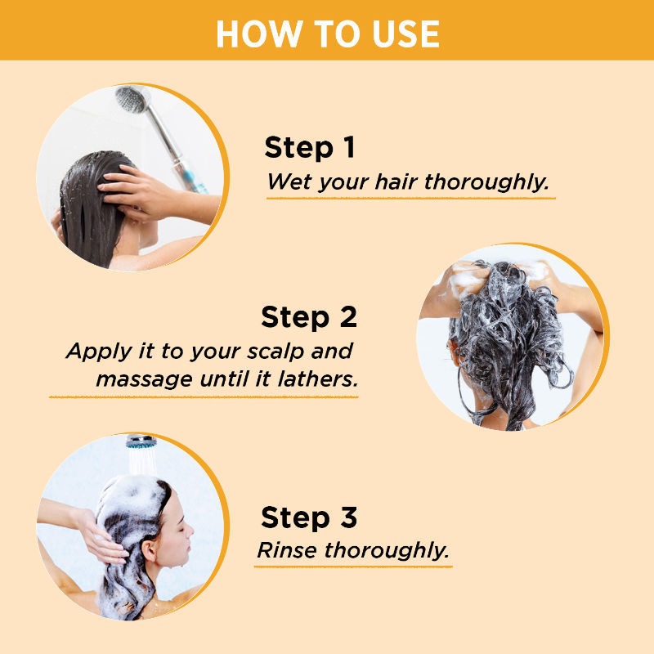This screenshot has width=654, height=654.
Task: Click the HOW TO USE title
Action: [327, 32]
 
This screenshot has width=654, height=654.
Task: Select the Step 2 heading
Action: [309, 316]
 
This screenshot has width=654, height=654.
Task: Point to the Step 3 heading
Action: [309, 517]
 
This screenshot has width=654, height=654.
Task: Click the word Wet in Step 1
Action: [285, 181]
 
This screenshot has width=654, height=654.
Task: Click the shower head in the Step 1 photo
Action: [131, 100]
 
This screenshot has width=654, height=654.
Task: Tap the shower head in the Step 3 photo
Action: [140, 442]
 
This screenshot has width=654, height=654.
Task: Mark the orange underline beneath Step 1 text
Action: [409, 198]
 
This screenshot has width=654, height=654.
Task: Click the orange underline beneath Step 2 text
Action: [204, 396]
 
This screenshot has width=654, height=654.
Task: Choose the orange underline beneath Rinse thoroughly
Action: [353, 566]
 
